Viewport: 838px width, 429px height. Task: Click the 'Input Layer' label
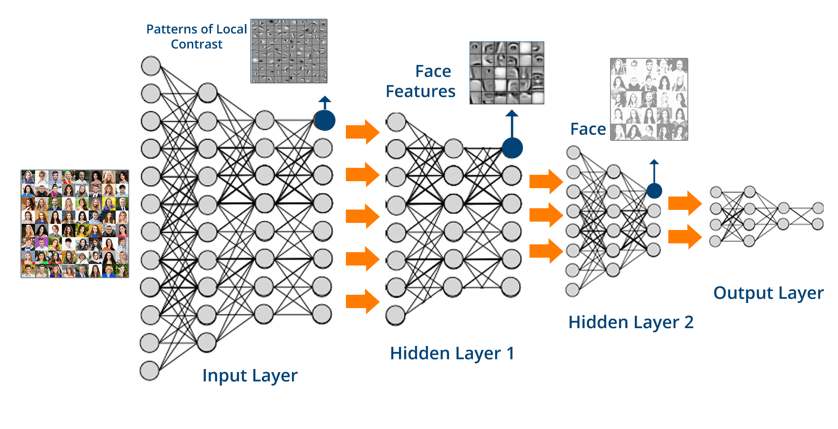[x=250, y=376]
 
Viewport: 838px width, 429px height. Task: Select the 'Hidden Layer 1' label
[x=452, y=353]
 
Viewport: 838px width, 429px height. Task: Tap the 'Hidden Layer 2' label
[x=631, y=322]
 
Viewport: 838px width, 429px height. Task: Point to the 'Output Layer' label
[x=768, y=293]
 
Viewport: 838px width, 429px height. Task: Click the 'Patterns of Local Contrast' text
[x=197, y=37]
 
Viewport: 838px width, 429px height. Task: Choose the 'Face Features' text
[x=421, y=81]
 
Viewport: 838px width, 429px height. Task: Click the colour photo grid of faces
[x=75, y=224]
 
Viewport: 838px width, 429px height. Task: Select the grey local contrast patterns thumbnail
[x=289, y=51]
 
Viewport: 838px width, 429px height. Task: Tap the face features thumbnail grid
[x=507, y=73]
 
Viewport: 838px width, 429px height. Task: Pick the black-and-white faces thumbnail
[x=649, y=100]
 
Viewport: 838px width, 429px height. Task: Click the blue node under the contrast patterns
[x=325, y=120]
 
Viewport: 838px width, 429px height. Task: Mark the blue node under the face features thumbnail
[x=512, y=148]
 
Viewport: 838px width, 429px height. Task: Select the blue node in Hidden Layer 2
[x=654, y=190]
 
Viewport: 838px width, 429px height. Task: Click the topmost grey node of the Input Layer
[x=151, y=66]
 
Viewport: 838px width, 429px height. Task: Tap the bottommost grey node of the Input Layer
[x=149, y=371]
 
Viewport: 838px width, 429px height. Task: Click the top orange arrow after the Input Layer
[x=362, y=131]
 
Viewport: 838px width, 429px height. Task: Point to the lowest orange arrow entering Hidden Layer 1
[x=362, y=301]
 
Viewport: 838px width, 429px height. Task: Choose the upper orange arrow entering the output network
[x=684, y=203]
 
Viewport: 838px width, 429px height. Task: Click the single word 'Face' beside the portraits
[x=588, y=129]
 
